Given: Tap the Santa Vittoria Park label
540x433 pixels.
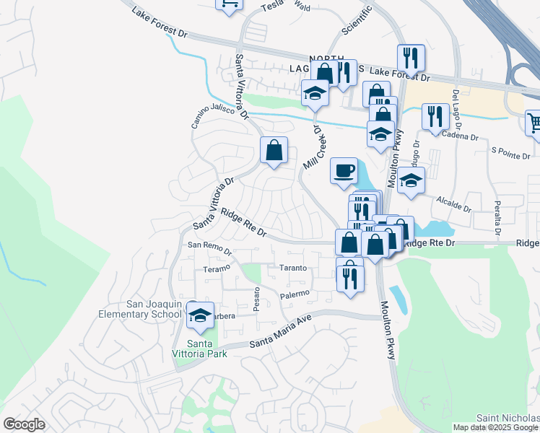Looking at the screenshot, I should [207, 349].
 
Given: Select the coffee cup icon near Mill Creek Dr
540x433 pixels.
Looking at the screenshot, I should [344, 171].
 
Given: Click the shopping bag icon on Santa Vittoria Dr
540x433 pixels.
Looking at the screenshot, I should [274, 151].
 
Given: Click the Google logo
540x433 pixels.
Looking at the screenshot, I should [24, 424].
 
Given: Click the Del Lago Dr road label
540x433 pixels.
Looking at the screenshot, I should [456, 106].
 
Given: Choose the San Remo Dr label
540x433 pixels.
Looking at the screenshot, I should [209, 249].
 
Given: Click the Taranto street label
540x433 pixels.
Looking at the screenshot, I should [294, 268].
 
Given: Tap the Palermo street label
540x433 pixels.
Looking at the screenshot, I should [295, 294].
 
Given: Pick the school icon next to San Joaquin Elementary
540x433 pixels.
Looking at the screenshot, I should [201, 315].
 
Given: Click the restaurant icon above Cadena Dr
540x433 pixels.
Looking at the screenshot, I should [434, 117].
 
